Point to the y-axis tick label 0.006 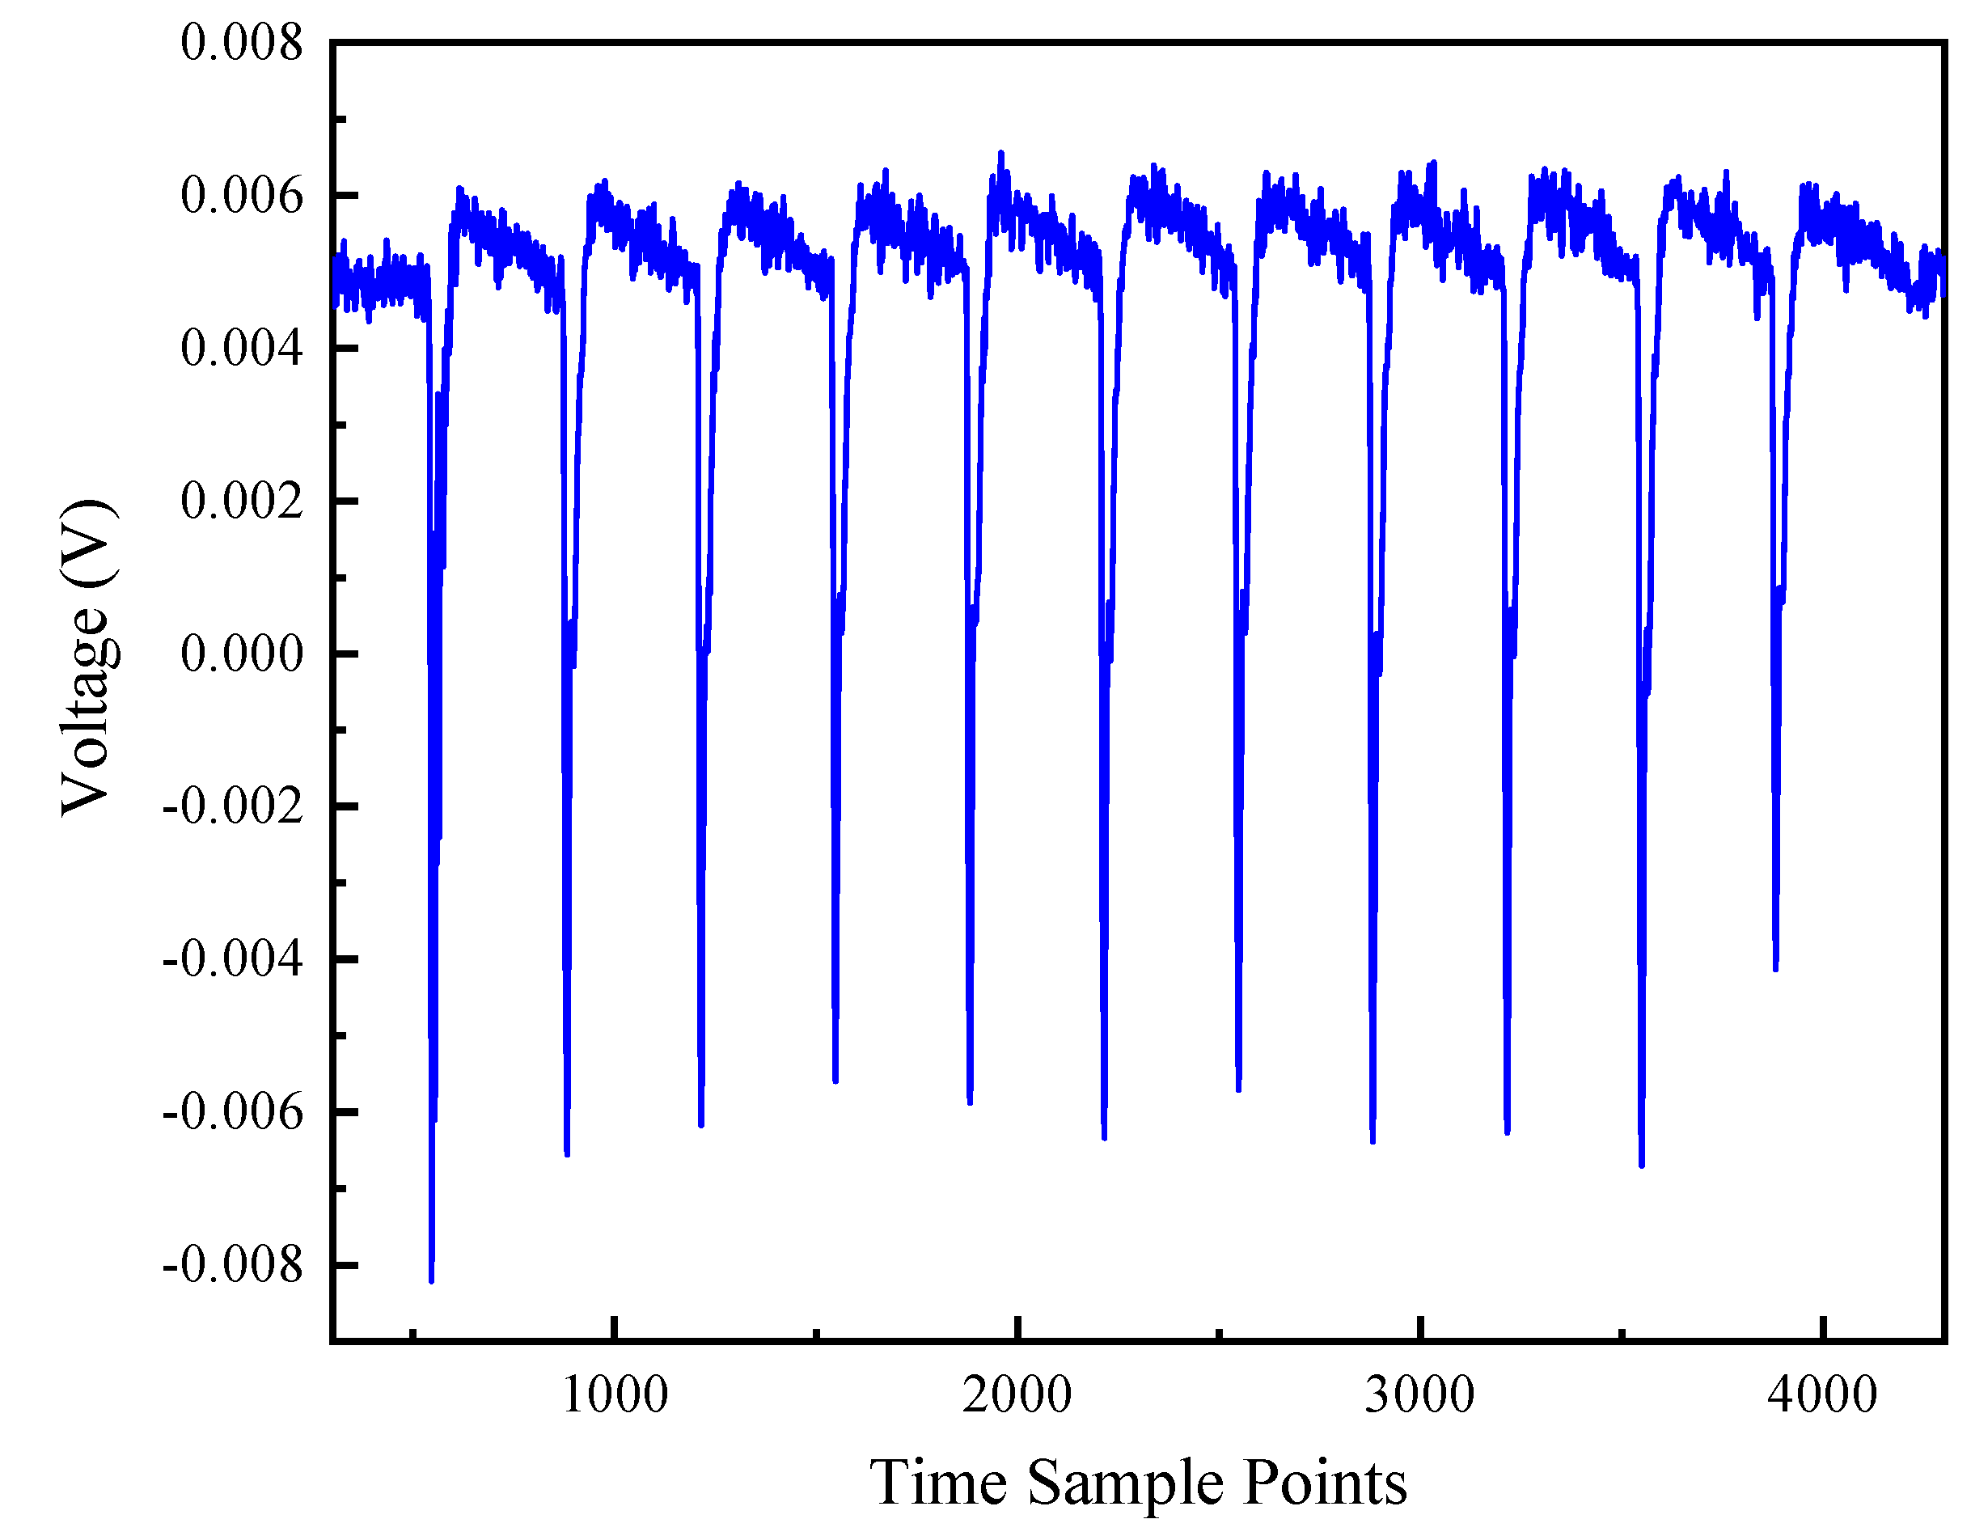point(241,195)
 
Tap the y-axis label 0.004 point(241,349)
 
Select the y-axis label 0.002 point(241,501)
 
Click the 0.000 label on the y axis point(241,654)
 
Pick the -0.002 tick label point(232,806)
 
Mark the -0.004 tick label point(232,958)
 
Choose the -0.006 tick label point(232,1112)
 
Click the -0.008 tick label point(232,1264)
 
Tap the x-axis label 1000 point(615,1395)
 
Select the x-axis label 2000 point(1017,1395)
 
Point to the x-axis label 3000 point(1419,1395)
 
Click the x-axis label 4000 point(1822,1395)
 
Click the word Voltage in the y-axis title point(88,711)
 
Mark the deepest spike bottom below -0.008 point(431,1279)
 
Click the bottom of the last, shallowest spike point(1775,969)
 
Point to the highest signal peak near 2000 point(1000,154)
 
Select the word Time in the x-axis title point(938,1483)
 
